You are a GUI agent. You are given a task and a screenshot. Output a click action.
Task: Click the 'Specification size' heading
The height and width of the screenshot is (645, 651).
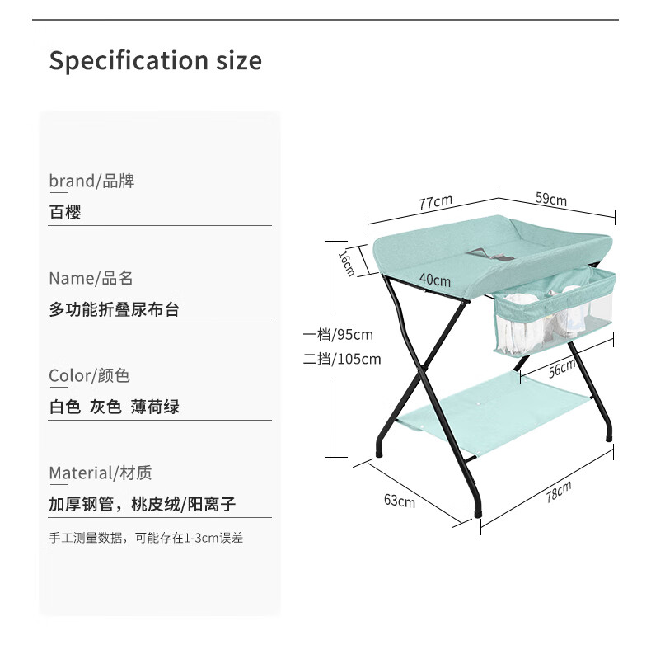[155, 61]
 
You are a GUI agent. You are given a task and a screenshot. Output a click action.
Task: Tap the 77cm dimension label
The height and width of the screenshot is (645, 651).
[435, 202]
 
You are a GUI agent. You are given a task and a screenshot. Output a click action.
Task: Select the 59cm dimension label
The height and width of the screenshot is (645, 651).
[551, 199]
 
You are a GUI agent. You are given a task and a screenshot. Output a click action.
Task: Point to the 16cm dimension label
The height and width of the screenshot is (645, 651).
[347, 262]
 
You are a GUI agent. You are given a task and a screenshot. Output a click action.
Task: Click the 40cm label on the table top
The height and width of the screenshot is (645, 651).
[435, 280]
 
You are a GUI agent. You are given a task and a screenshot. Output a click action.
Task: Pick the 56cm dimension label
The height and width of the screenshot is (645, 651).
[562, 368]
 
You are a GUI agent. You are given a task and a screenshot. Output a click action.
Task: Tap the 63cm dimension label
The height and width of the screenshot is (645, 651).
[400, 501]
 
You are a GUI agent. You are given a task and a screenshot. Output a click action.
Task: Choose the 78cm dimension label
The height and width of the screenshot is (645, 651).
[559, 492]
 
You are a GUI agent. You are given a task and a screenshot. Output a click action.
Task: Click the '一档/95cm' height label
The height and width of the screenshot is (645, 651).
[338, 334]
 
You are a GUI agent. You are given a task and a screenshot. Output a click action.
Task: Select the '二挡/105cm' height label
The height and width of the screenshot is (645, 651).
[342, 359]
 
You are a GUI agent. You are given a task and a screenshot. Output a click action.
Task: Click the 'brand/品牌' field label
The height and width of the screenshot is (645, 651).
[91, 181]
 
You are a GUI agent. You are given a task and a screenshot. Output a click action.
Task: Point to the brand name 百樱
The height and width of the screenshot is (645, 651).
[65, 212]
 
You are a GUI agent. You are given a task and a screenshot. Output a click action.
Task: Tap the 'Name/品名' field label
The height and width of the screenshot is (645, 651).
[91, 279]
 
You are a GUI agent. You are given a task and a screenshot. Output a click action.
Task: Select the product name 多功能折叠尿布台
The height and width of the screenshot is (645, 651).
[115, 309]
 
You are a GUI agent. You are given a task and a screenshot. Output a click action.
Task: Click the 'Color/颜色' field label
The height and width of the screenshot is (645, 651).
[89, 375]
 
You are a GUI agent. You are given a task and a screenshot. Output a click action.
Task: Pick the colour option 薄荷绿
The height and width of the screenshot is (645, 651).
[155, 407]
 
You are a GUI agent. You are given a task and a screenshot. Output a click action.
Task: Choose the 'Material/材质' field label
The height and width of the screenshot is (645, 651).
[101, 473]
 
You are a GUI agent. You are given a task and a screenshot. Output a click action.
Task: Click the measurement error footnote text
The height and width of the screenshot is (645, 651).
[146, 538]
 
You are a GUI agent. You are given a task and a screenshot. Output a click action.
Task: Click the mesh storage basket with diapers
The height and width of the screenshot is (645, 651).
[555, 312]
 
